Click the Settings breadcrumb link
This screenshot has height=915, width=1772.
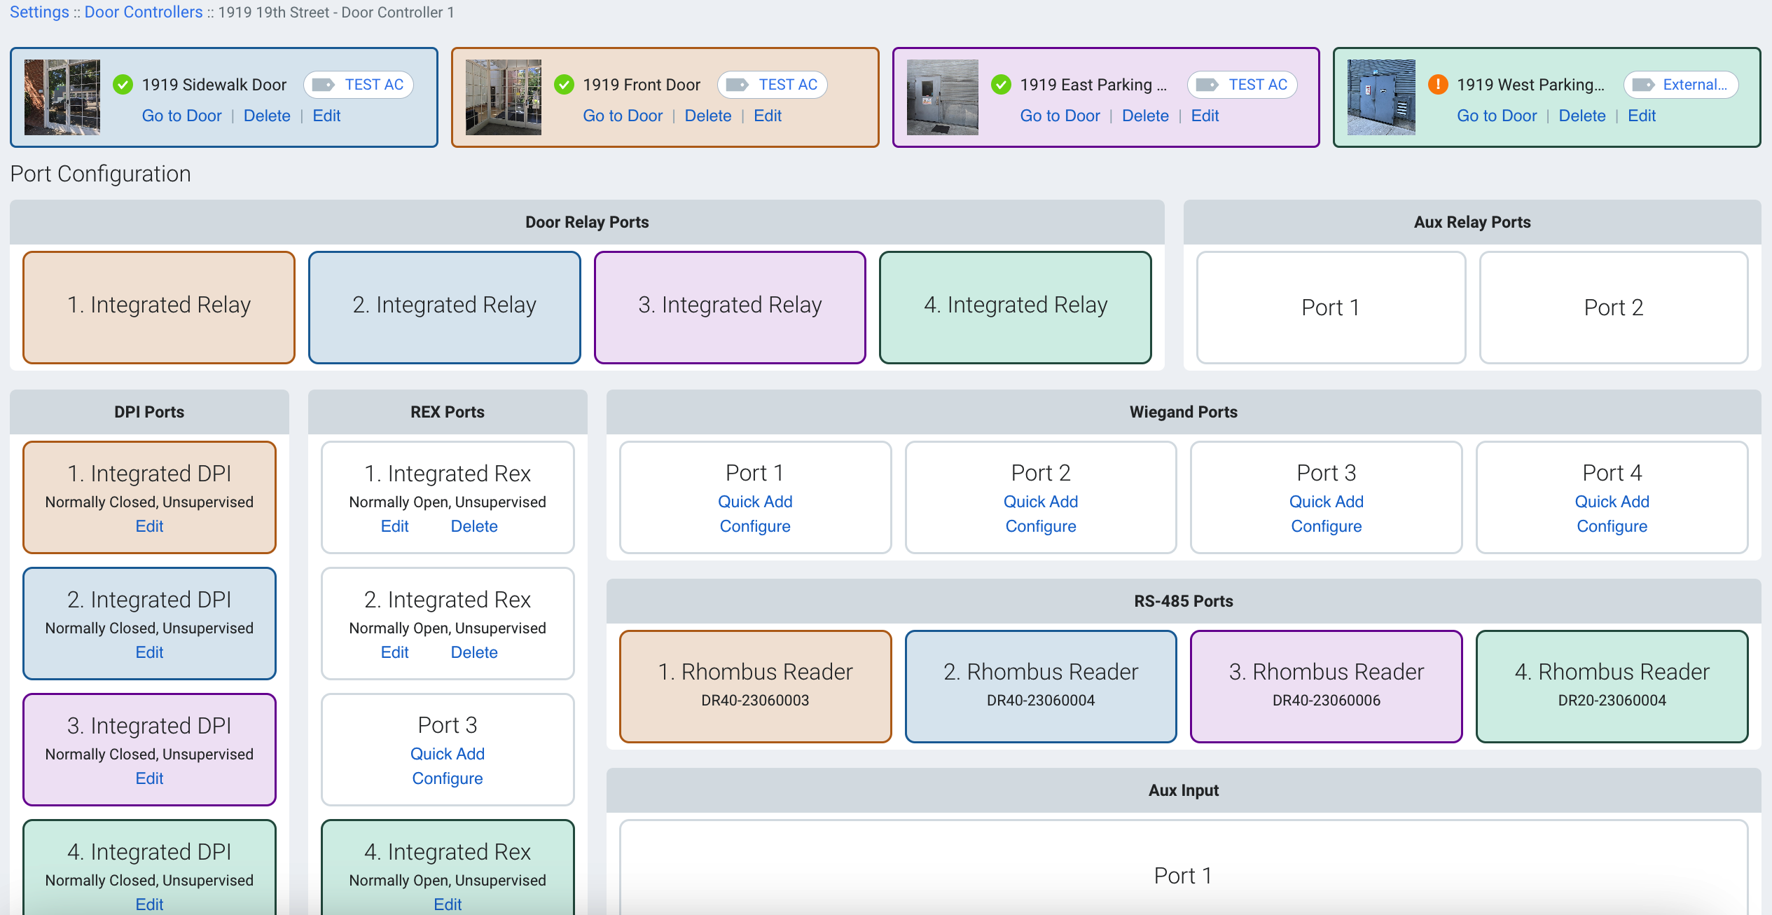(x=39, y=13)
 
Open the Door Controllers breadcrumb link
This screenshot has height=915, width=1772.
(x=144, y=13)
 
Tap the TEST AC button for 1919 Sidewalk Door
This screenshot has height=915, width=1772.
(x=359, y=85)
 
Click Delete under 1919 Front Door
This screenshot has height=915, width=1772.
(x=707, y=116)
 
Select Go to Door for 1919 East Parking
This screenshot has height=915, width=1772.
(x=1060, y=116)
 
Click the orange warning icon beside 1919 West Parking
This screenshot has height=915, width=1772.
(x=1438, y=85)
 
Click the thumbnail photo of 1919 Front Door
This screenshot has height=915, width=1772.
(x=504, y=97)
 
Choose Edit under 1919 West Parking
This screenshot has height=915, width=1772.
(x=1641, y=116)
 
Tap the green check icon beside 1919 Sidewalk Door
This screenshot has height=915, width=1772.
(x=123, y=85)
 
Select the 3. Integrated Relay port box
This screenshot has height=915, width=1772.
(x=730, y=307)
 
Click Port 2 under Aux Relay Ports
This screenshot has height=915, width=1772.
(x=1613, y=307)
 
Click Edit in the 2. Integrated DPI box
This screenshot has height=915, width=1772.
(x=149, y=652)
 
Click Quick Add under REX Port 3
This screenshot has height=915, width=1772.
(x=448, y=754)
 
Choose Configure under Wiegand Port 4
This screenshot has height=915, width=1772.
(x=1612, y=526)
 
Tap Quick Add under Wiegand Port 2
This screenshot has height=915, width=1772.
(x=1040, y=502)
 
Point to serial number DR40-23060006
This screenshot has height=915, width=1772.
(x=1326, y=700)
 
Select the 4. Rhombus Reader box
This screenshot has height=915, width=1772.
(x=1612, y=685)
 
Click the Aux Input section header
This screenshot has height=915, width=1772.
(x=1183, y=790)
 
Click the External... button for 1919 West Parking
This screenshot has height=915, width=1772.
(x=1681, y=85)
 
